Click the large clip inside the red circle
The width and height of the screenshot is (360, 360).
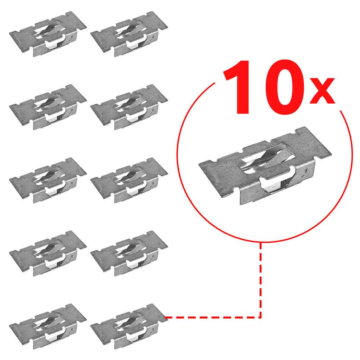(x=265, y=166)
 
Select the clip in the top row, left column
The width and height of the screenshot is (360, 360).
(x=48, y=34)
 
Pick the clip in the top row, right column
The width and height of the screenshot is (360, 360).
(x=129, y=34)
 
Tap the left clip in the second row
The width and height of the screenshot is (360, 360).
(x=48, y=107)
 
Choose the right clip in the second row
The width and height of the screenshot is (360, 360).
(x=129, y=107)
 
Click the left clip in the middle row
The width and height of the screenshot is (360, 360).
(x=48, y=180)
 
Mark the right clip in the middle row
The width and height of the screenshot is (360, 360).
(x=129, y=180)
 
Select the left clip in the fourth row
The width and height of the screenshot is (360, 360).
(x=48, y=253)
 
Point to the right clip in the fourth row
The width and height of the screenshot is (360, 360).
(x=129, y=253)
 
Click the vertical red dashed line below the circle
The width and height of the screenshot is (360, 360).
(x=261, y=280)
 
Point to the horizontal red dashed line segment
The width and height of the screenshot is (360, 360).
(x=213, y=317)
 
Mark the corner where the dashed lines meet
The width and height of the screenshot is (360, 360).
(x=261, y=317)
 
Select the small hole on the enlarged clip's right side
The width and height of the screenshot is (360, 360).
(x=306, y=170)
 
